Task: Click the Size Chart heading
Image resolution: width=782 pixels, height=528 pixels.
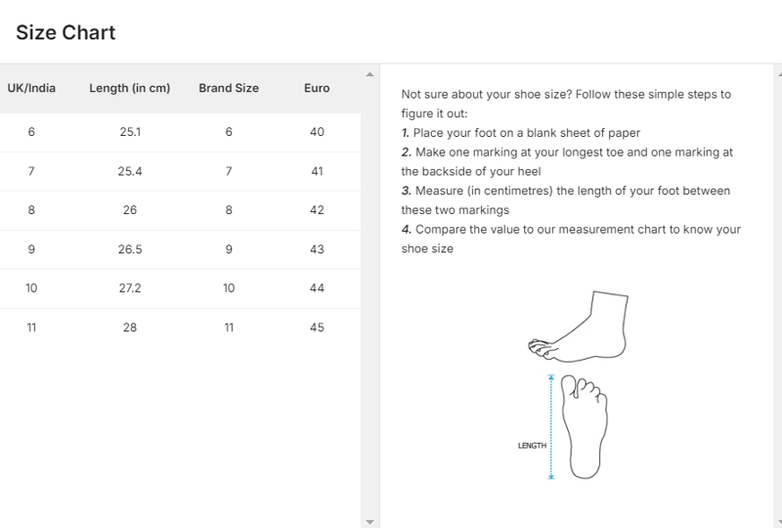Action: pyautogui.click(x=65, y=33)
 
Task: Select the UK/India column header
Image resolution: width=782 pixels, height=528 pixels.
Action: pyautogui.click(x=31, y=88)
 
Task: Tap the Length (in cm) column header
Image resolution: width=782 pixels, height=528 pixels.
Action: pyautogui.click(x=130, y=88)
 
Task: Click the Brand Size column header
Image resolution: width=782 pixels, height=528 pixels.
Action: pyautogui.click(x=229, y=88)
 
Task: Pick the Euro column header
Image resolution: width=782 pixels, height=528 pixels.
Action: pyautogui.click(x=317, y=88)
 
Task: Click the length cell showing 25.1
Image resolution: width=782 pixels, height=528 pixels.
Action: pyautogui.click(x=130, y=132)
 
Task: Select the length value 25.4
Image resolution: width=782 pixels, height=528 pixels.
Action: pyautogui.click(x=130, y=171)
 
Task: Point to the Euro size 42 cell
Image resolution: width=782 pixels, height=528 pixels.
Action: pyautogui.click(x=317, y=210)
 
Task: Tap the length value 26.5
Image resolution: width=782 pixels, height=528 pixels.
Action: pyautogui.click(x=130, y=249)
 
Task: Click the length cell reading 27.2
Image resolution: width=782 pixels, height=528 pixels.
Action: pyautogui.click(x=130, y=287)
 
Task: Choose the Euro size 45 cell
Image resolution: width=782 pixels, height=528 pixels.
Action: pyautogui.click(x=317, y=328)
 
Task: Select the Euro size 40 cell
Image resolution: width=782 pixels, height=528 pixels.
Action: pyautogui.click(x=317, y=132)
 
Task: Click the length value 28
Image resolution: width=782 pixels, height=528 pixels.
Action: pyautogui.click(x=130, y=328)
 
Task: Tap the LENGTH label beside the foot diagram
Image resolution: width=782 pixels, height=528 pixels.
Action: pyautogui.click(x=532, y=446)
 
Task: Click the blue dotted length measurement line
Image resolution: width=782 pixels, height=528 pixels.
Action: pyautogui.click(x=551, y=427)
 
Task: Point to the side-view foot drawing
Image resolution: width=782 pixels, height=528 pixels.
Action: pyautogui.click(x=578, y=327)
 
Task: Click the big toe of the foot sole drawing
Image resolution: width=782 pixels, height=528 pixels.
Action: pyautogui.click(x=569, y=386)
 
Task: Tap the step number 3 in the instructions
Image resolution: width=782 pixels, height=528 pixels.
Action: pyautogui.click(x=407, y=191)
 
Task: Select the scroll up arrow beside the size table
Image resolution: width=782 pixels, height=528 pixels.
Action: pyautogui.click(x=369, y=74)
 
